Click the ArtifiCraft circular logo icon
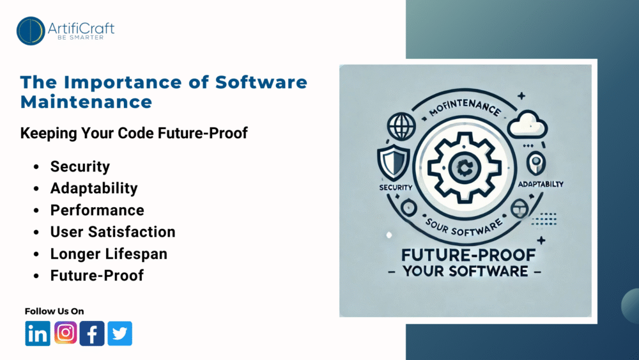pyautogui.click(x=31, y=31)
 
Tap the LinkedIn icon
pyautogui.click(x=38, y=334)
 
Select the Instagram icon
pyautogui.click(x=65, y=333)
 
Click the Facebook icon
pyautogui.click(x=93, y=334)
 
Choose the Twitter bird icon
pyautogui.click(x=120, y=334)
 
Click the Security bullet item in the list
pyautogui.click(x=80, y=167)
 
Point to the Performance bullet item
pyautogui.click(x=97, y=210)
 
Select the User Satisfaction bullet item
pyautogui.click(x=112, y=232)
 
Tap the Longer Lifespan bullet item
pyautogui.click(x=109, y=254)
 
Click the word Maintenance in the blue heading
pyautogui.click(x=86, y=102)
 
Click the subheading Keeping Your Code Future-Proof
pyautogui.click(x=134, y=134)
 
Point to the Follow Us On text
pyautogui.click(x=54, y=311)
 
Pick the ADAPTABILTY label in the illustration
pyautogui.click(x=541, y=185)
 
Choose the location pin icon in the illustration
pyautogui.click(x=535, y=162)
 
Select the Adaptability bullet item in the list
pyautogui.click(x=94, y=189)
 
